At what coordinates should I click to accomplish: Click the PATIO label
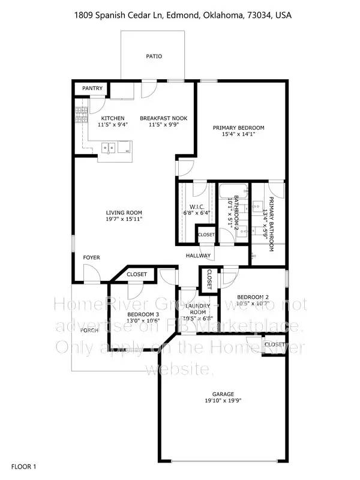coord(154,56)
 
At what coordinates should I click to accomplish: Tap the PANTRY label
coord(92,89)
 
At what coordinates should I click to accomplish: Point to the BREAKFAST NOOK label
coord(163,118)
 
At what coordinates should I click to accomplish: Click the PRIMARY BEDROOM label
coord(239,128)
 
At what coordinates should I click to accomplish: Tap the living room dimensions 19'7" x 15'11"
coord(124,220)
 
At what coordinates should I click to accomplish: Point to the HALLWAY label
coord(197,256)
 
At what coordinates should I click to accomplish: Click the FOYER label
coord(91,257)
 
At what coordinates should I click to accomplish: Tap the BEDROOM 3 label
coord(143,314)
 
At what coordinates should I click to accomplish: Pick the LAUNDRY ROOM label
coord(199,309)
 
